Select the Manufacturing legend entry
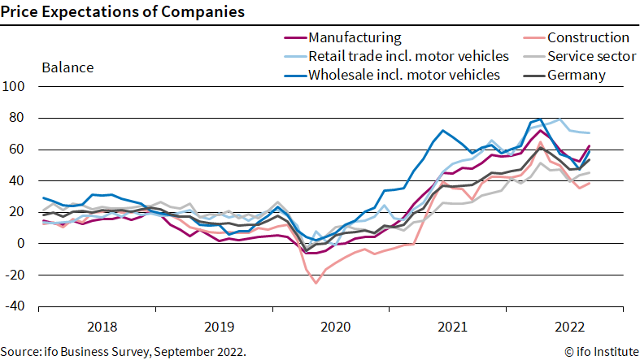coord(355,37)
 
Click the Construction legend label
coord(588,37)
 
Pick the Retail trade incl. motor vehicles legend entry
coord(408,56)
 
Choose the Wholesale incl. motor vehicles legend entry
coord(403,75)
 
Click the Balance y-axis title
coord(67,67)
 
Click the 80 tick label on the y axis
coord(18,118)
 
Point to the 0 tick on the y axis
coord(22,243)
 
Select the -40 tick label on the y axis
coord(15,306)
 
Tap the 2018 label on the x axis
coord(101,327)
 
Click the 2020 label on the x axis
coord(335,327)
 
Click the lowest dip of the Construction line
coord(316,283)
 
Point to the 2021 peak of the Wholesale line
coord(442,130)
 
